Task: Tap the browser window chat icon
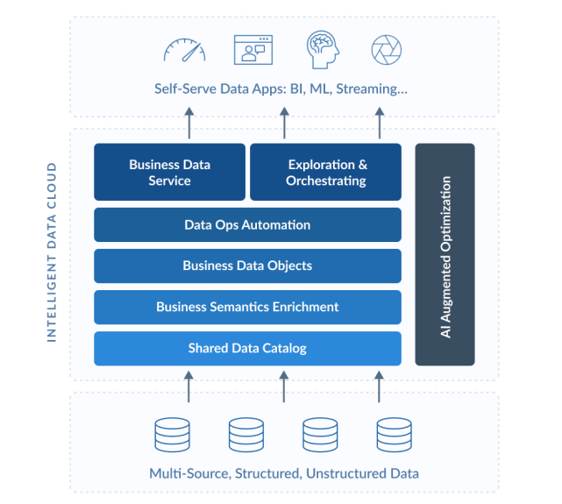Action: tap(253, 50)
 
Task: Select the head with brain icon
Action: tap(323, 49)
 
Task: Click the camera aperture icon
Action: tap(387, 50)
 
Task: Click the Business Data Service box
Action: tap(169, 172)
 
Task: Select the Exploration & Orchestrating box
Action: tap(325, 172)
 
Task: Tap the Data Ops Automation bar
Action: tap(247, 224)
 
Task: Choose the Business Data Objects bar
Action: tap(247, 266)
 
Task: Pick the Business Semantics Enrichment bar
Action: tap(247, 307)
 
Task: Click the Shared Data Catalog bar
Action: tap(247, 348)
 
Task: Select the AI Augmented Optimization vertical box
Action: tap(445, 254)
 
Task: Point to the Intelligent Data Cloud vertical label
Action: tap(52, 252)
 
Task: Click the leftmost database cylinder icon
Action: tap(173, 435)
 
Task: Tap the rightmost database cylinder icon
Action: tap(395, 435)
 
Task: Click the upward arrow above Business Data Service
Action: tap(189, 123)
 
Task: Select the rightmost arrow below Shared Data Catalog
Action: tap(380, 387)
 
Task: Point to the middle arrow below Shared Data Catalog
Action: tap(284, 387)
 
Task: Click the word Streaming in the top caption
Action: tap(372, 89)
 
